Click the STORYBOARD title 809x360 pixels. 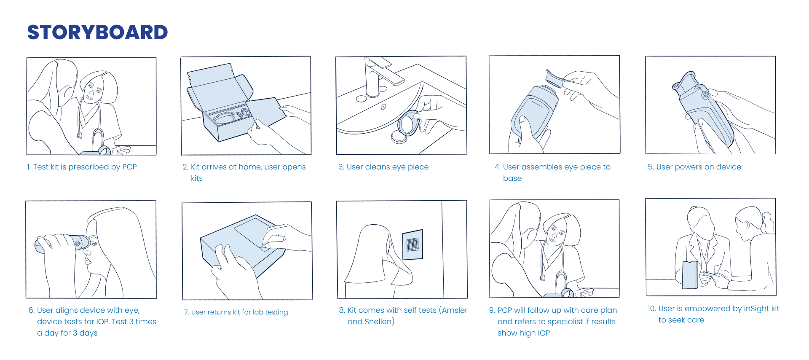[x=97, y=32]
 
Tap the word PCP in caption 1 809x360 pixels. [x=129, y=167]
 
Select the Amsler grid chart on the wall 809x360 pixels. [x=413, y=244]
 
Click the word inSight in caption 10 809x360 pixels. [x=757, y=309]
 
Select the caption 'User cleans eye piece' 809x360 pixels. [x=383, y=167]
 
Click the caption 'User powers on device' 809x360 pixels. [x=694, y=167]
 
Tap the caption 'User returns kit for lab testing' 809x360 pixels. [x=236, y=312]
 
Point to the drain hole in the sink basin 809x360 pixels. [x=383, y=107]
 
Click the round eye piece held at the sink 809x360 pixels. [x=408, y=124]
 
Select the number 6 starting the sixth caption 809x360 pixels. [x=31, y=310]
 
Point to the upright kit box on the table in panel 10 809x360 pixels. [x=690, y=274]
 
